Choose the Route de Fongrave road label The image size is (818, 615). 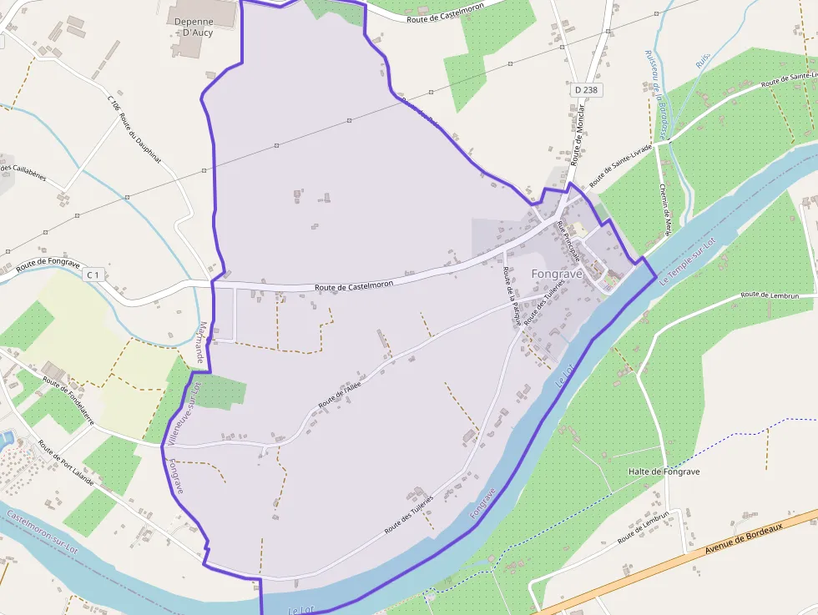[x=48, y=265]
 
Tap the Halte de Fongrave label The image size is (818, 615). [x=664, y=471]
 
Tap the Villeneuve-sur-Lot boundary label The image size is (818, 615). [x=184, y=412]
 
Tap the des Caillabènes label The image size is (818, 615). [x=23, y=174]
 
